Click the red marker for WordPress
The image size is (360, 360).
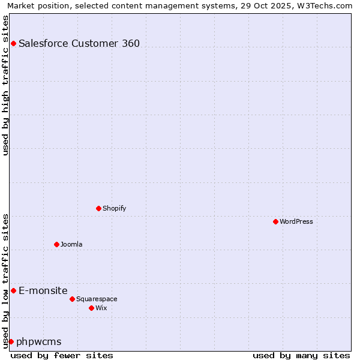275,221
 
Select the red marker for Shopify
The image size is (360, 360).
98,208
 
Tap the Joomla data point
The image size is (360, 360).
56,244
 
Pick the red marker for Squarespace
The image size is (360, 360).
72,299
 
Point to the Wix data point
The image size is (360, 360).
91,308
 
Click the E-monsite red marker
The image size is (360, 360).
13,290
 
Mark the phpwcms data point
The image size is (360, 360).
11,341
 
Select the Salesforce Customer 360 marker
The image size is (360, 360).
13,43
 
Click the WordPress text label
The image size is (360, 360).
296,221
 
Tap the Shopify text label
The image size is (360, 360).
114,208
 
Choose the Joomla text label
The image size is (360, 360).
71,244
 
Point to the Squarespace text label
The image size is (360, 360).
97,299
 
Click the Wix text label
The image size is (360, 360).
101,308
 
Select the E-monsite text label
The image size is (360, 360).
43,290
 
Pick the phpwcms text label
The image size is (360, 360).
39,341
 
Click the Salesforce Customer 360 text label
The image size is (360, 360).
79,43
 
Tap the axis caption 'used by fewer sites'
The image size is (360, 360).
62,355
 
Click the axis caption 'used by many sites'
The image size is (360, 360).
301,355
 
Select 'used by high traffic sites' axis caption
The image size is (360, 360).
5,85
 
